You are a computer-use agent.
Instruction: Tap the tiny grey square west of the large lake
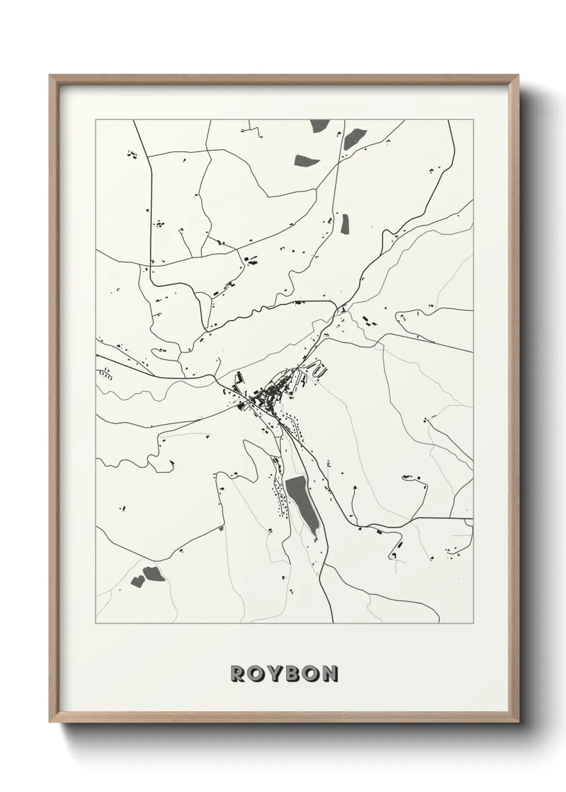pyautogui.click(x=220, y=528)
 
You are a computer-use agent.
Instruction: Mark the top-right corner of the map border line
pyautogui.click(x=473, y=120)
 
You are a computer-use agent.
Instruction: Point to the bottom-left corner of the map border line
pyautogui.click(x=96, y=623)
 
